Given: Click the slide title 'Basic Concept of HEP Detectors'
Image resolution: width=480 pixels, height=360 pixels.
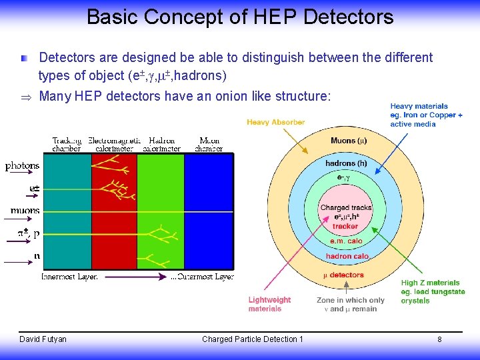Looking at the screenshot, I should [x=240, y=16].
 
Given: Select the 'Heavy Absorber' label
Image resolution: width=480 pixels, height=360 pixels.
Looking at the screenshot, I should [x=275, y=123].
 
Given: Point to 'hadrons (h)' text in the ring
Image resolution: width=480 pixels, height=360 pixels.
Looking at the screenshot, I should [x=346, y=163].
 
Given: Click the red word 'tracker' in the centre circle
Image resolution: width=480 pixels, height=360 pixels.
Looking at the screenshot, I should [x=345, y=227].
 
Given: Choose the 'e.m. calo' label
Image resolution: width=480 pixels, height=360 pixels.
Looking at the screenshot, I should [x=346, y=241].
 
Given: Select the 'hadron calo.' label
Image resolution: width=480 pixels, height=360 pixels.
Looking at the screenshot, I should [x=347, y=256].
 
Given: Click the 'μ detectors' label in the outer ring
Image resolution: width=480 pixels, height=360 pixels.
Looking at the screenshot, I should [x=344, y=275].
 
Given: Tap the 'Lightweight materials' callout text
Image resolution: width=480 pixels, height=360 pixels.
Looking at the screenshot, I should [x=269, y=305].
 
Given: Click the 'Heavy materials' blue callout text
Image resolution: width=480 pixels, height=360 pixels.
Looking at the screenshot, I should [x=427, y=115].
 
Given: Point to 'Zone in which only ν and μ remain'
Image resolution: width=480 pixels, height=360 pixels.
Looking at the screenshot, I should [x=351, y=305].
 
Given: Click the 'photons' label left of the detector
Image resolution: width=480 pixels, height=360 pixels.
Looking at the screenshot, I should [x=23, y=165].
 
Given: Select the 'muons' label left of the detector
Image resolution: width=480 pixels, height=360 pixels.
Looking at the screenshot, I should [x=25, y=211].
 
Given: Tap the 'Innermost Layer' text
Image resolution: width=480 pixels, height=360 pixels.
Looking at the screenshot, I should [x=69, y=276].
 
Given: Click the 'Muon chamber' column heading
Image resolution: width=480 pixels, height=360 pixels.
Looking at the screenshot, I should [x=209, y=145].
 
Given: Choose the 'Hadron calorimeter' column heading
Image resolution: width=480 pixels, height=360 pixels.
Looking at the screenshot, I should [x=161, y=145].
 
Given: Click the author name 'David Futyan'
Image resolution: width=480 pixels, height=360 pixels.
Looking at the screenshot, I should [x=43, y=339].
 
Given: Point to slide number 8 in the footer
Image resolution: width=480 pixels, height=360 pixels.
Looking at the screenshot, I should [x=439, y=339].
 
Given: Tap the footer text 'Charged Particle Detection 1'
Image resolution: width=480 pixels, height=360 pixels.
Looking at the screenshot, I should [x=252, y=339].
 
